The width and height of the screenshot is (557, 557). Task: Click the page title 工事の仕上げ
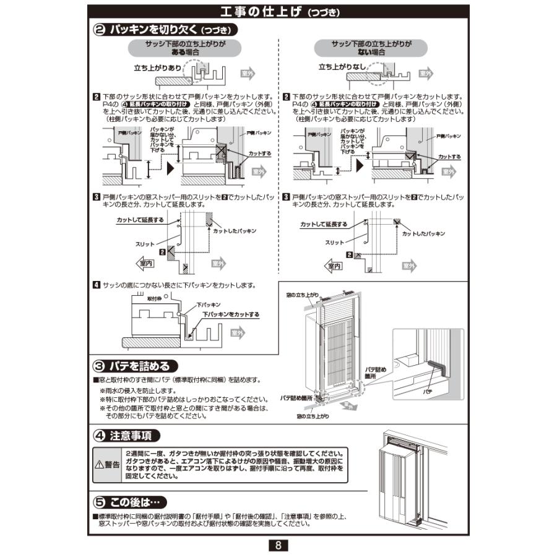[260, 12]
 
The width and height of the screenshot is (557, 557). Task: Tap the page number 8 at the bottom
[278, 545]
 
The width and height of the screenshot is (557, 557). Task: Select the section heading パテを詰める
[140, 366]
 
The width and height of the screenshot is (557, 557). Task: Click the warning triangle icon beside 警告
[99, 465]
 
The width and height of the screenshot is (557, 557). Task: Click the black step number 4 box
[97, 285]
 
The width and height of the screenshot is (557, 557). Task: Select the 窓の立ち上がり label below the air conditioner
[313, 417]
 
